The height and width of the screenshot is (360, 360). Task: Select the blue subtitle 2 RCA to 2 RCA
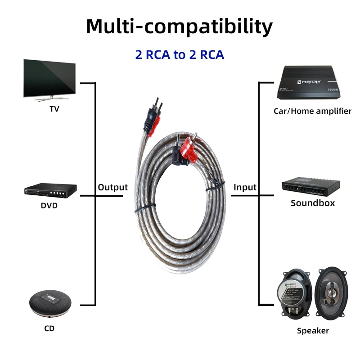pos(180,55)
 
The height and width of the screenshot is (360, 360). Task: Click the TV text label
pos(54,109)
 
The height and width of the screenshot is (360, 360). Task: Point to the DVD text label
pos(49,206)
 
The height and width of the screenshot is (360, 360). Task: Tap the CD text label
pos(49,328)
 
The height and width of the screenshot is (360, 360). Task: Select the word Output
pos(113,188)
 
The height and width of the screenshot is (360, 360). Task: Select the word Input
pos(245,188)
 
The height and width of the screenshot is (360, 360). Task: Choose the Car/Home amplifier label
pos(312,111)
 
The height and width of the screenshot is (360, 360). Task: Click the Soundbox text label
pos(313,203)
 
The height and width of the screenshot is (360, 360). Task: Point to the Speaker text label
pos(313,331)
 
